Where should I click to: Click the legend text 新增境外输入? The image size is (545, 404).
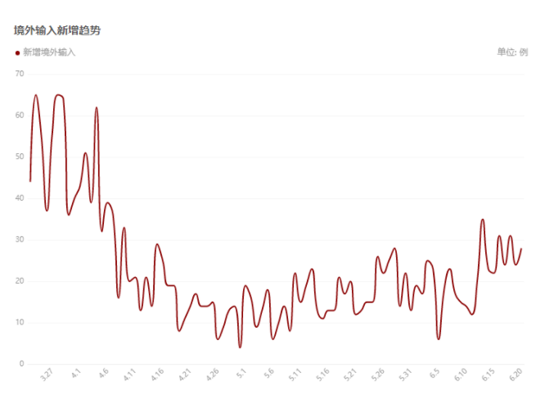pos(48,52)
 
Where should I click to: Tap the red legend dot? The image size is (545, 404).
pos(17,52)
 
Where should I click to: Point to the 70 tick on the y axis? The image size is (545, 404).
pos(20,74)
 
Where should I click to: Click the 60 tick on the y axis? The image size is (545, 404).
pos(20,116)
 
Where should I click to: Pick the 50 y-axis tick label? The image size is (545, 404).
pos(20,157)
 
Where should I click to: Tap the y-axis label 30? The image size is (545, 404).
pos(20,240)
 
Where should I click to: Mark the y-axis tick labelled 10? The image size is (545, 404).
pos(20,323)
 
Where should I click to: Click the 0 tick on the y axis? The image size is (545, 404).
pos(22,364)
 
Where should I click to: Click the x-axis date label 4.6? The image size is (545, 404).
pos(104,375)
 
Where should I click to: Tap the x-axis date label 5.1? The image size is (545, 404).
pos(242,375)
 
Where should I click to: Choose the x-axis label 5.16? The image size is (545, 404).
pos(323,375)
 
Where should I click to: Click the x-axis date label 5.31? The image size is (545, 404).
pos(405,375)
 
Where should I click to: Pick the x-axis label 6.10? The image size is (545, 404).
pos(461,375)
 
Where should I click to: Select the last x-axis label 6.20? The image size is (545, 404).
pos(516,375)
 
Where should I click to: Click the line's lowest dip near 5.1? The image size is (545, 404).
pos(240,347)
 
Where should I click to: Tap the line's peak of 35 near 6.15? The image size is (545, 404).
pos(483,220)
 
